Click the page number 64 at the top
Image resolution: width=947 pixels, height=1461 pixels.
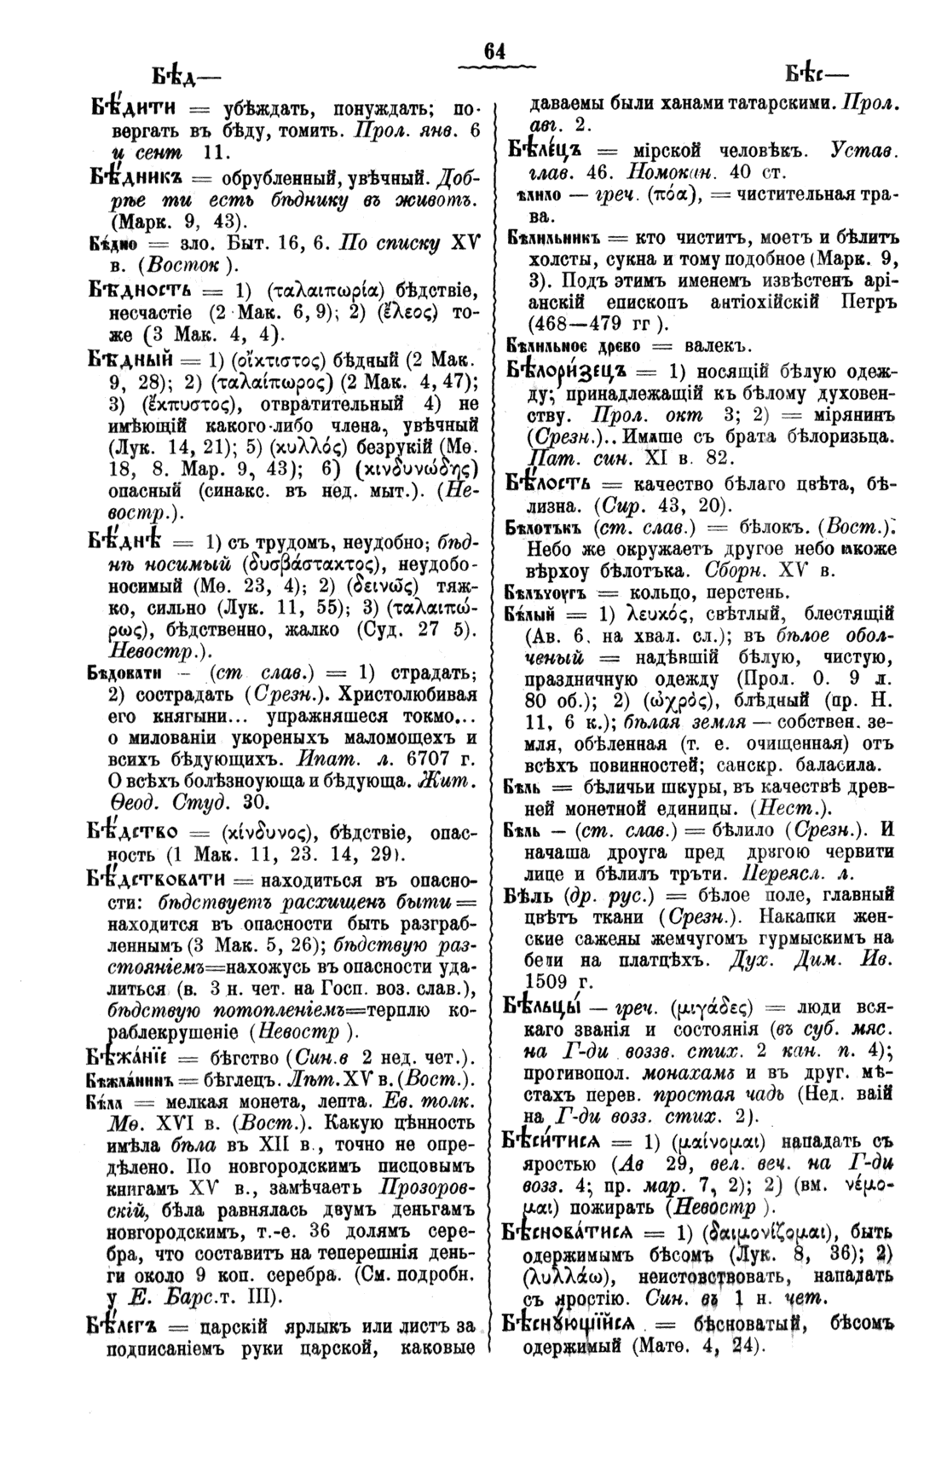click(494, 52)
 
